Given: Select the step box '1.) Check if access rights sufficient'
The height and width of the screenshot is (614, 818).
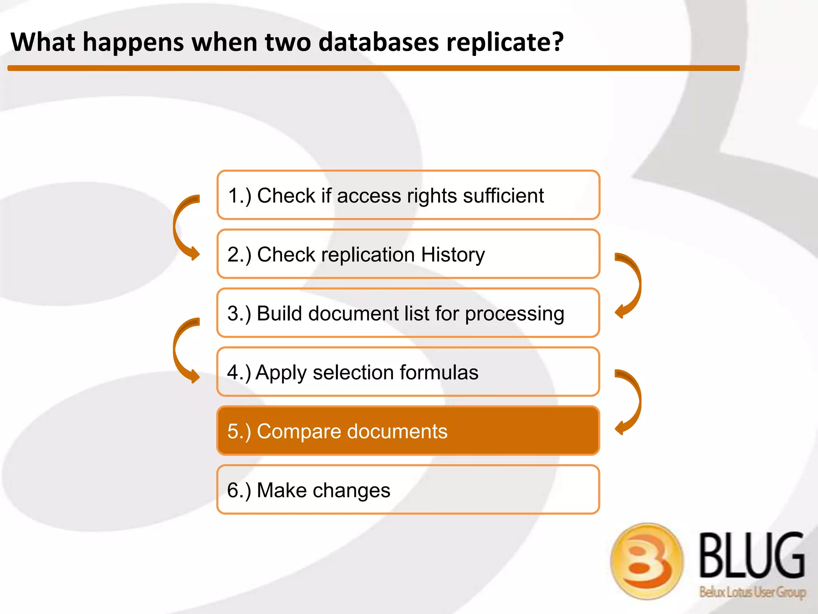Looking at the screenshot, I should tap(408, 195).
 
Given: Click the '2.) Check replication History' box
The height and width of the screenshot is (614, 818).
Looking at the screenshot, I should tap(408, 254).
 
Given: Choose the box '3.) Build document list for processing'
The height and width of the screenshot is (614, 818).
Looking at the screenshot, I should tap(408, 313).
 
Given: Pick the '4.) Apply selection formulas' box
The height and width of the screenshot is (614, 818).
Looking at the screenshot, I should tap(408, 372).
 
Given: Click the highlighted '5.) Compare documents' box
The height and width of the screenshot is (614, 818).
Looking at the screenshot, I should tap(408, 431).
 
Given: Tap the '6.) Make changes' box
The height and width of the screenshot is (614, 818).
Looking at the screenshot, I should tap(408, 489).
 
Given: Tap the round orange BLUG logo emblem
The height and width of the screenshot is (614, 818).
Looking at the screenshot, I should tap(647, 561).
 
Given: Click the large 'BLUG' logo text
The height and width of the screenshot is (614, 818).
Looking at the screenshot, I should tap(752, 555).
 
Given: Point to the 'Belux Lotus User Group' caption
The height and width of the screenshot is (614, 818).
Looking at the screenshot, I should tap(752, 592).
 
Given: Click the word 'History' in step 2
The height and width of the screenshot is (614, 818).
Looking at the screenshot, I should tap(453, 255).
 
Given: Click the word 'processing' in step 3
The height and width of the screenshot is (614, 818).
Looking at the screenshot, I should tap(514, 314).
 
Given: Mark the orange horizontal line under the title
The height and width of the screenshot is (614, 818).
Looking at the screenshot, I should tap(373, 68).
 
